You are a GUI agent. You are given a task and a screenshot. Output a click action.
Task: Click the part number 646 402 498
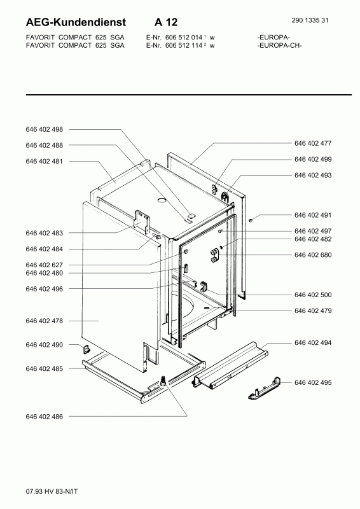(x=44, y=129)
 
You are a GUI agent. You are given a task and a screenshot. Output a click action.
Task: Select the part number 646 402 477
(x=313, y=143)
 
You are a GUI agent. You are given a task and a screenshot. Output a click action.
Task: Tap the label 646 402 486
(x=44, y=417)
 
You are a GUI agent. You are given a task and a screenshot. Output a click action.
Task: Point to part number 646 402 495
(x=313, y=382)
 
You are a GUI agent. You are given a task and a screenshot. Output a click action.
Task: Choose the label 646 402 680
(x=313, y=255)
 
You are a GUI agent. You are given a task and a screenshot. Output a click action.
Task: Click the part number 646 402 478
(x=44, y=321)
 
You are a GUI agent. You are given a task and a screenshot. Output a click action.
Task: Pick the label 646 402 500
(x=313, y=295)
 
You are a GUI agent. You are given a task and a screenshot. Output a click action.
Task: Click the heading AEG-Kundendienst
(x=76, y=22)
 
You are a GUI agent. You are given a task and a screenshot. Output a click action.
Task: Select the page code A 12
(x=166, y=22)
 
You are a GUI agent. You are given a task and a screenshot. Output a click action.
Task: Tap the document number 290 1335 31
(x=310, y=20)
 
